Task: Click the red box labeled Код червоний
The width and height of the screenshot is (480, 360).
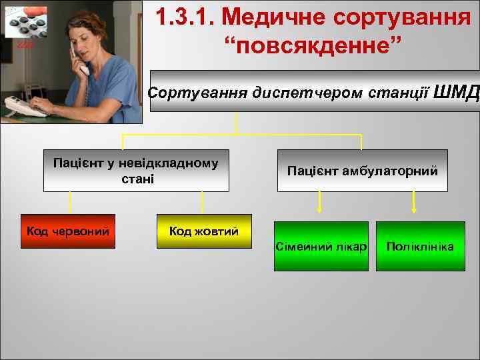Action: pos(68,231)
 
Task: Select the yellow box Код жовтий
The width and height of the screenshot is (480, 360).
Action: pos(204,231)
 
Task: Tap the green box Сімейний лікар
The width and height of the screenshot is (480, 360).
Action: pos(321,247)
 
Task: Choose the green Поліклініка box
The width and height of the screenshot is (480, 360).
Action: pos(420,247)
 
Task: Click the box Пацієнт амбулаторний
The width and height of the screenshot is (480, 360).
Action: pos(362,171)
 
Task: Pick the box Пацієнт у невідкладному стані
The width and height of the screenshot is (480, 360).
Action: pos(136,171)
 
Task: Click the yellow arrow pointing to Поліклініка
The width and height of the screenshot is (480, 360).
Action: pos(415,203)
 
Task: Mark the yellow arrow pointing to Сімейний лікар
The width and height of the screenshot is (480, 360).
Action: pos(320,203)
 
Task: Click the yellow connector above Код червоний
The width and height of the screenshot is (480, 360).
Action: pos(70,203)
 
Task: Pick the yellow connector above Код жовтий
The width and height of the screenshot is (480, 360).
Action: pos(202,203)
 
